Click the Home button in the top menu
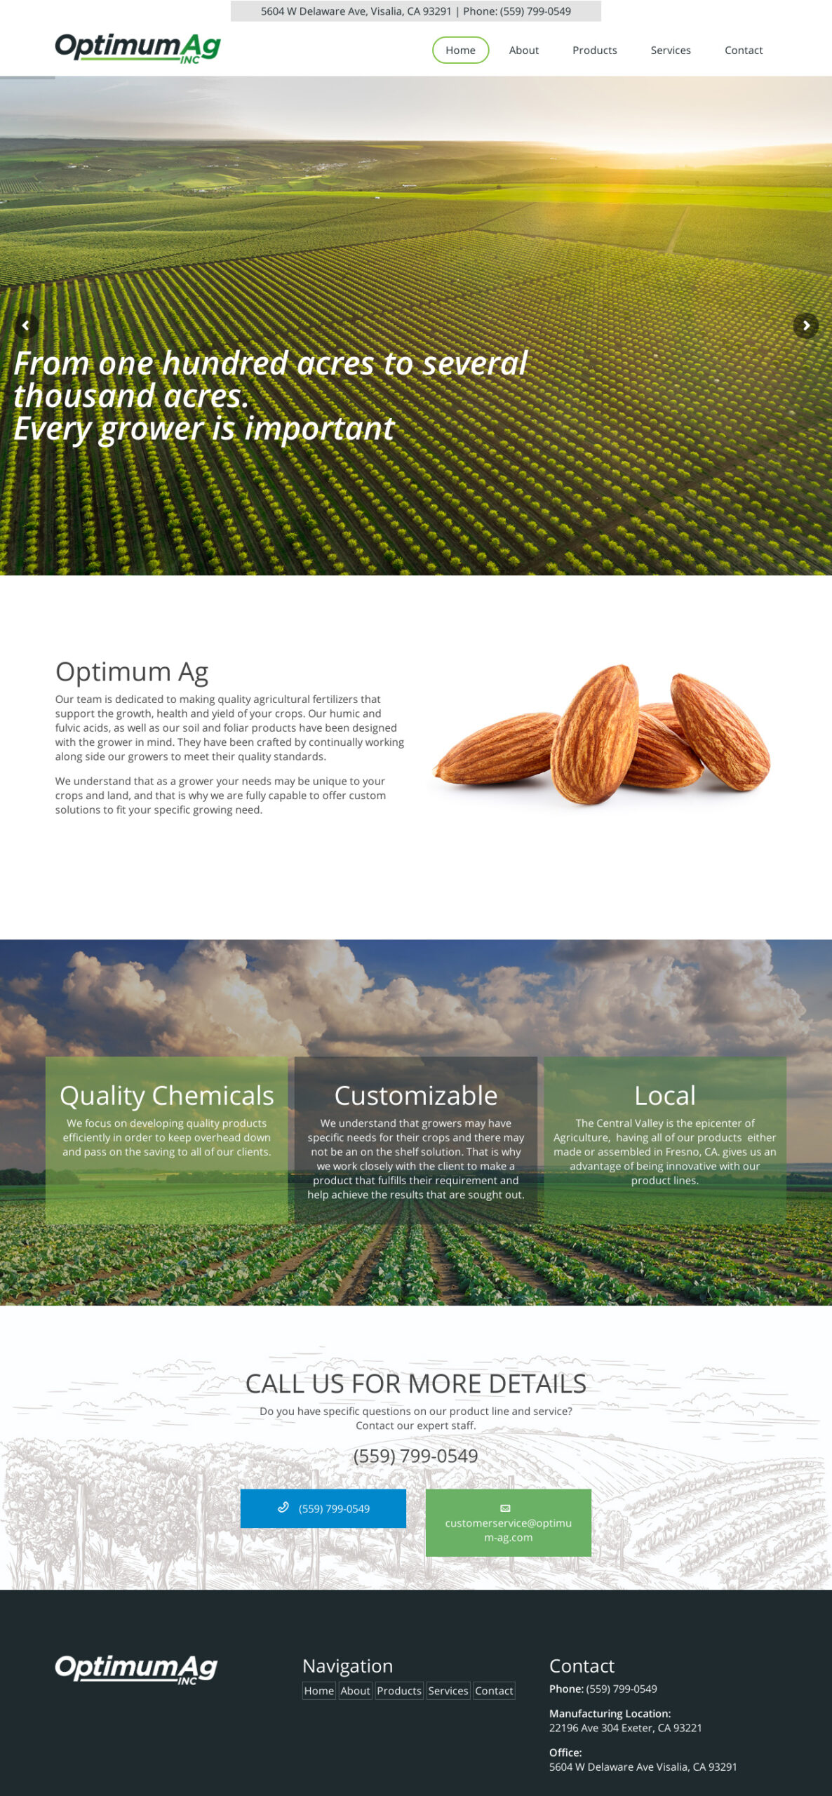460,50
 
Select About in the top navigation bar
524,50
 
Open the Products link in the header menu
594,50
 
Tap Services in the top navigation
671,50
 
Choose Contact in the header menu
744,50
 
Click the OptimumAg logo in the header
137,48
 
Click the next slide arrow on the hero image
806,326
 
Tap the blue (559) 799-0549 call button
323,1508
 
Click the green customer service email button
509,1522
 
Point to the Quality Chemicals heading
167,1095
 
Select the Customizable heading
416,1095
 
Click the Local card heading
665,1095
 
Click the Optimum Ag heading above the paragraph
132,671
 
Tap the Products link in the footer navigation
399,1691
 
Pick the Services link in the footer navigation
448,1691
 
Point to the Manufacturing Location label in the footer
610,1713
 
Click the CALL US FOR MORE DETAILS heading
416,1383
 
